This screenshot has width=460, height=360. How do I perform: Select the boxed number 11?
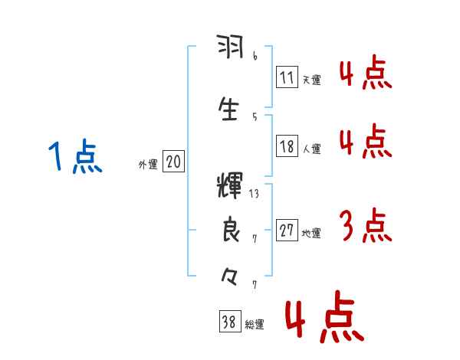(x=287, y=77)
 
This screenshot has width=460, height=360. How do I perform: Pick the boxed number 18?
(x=287, y=147)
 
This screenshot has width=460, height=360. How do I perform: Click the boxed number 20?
(x=173, y=162)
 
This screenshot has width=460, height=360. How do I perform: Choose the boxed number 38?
(x=229, y=323)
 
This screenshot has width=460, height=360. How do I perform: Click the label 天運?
(x=311, y=80)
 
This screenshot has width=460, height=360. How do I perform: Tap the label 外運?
(x=147, y=164)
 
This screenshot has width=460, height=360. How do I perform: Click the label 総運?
(x=255, y=325)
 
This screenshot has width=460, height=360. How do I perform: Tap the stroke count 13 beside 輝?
(x=254, y=194)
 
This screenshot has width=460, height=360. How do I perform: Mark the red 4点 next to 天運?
(x=366, y=73)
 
